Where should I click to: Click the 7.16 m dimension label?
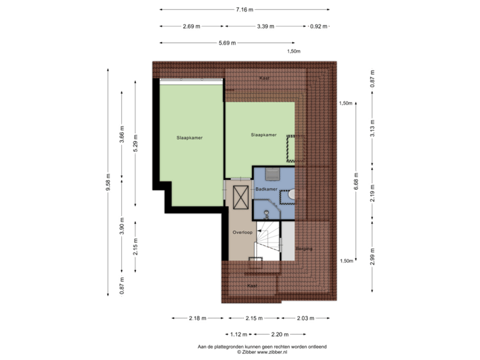click(245, 9)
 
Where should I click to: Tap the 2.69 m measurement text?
click(191, 27)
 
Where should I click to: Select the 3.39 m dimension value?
click(265, 27)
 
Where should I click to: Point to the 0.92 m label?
click(319, 27)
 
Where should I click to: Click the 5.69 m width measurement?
click(226, 43)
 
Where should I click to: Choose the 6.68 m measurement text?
click(356, 181)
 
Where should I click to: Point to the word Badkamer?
click(266, 189)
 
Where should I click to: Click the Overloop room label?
click(241, 233)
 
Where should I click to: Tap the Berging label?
click(304, 248)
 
